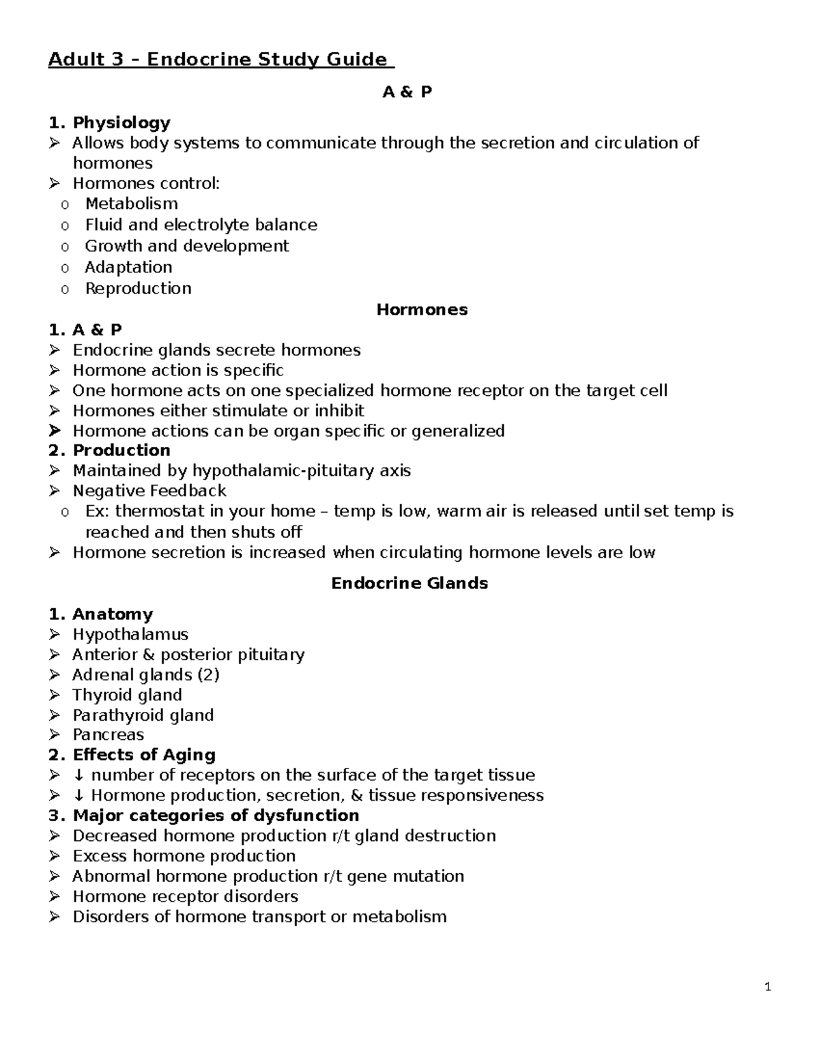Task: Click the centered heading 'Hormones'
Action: (422, 310)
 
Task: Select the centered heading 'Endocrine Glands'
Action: (409, 584)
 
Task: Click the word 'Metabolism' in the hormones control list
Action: (131, 204)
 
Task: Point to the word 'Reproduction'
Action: (138, 289)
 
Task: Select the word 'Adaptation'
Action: (128, 268)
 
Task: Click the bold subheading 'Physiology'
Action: (121, 123)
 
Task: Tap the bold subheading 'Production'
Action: (121, 450)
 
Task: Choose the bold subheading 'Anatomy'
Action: (113, 614)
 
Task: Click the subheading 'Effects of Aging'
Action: (144, 755)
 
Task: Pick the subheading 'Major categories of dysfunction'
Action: (216, 816)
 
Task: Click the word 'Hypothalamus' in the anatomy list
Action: (130, 635)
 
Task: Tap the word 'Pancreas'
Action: (109, 735)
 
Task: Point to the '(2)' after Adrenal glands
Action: (208, 675)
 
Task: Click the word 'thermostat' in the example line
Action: (159, 511)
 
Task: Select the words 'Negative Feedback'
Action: (149, 491)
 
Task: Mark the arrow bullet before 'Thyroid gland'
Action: (55, 696)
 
